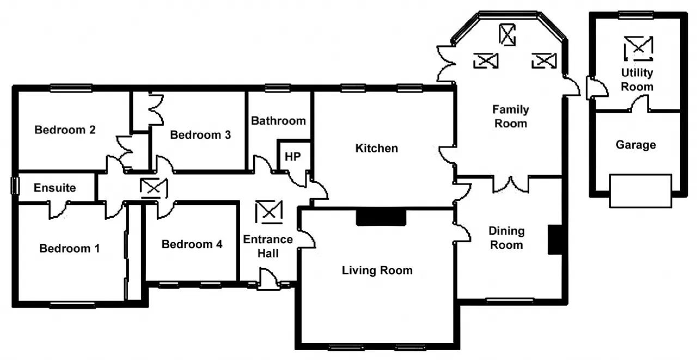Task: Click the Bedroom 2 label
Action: (x=65, y=130)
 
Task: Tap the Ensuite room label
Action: (x=55, y=187)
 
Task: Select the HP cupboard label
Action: (x=293, y=156)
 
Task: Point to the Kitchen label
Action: (x=376, y=148)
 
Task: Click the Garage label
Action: (x=635, y=145)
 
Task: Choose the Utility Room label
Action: (x=637, y=80)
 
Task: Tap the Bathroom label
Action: (x=278, y=121)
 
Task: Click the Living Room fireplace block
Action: (x=381, y=217)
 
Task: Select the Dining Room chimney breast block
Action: (x=555, y=240)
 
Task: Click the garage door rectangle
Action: (x=640, y=191)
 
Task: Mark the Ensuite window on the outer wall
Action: (x=15, y=185)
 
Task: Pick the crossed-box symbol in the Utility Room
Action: (x=639, y=48)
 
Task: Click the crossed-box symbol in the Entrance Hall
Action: (x=269, y=212)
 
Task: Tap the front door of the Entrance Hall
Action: (x=268, y=279)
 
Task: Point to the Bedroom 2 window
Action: (x=71, y=88)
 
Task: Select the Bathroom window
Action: (x=278, y=88)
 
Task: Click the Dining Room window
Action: (x=510, y=301)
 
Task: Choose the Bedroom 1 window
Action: (x=72, y=305)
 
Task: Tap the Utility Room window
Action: (x=636, y=15)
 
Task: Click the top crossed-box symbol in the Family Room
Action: (x=507, y=35)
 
